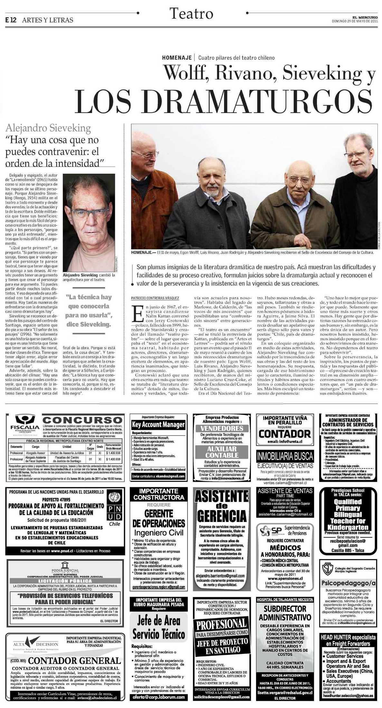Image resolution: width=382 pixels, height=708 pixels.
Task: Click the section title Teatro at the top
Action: coord(191,14)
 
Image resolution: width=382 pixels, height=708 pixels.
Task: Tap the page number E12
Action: coord(11,20)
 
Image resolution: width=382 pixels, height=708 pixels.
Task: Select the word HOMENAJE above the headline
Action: coord(177,58)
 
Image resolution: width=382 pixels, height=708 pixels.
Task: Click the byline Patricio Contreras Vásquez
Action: coord(155,298)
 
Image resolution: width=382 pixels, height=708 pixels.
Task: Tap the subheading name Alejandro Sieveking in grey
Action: coord(48,128)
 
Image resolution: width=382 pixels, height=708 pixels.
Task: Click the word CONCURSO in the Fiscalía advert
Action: coord(82,420)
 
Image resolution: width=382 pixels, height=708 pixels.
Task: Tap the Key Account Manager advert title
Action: coord(158,424)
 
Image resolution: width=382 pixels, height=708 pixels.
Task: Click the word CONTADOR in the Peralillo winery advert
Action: coord(285,433)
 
